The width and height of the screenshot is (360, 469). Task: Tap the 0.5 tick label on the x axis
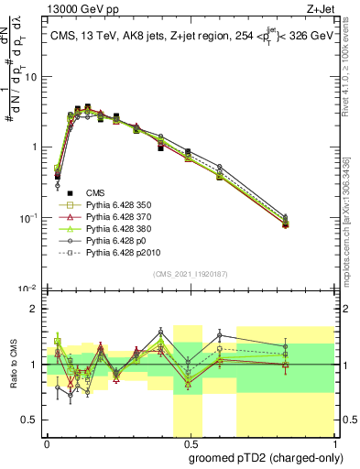(x=189, y=442)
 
